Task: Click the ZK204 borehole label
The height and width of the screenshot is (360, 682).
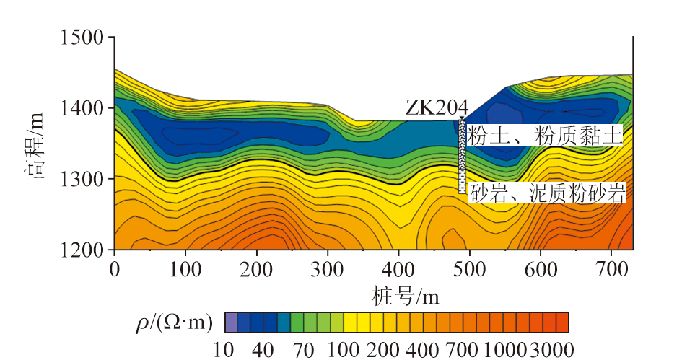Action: click(436, 107)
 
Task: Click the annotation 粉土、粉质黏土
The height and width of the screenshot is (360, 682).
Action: click(545, 136)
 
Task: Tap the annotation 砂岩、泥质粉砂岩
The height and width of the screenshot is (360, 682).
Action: click(546, 193)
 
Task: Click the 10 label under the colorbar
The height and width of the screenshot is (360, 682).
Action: click(224, 351)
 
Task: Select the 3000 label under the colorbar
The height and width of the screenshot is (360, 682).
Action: click(552, 351)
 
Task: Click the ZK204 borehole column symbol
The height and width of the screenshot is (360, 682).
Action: click(462, 156)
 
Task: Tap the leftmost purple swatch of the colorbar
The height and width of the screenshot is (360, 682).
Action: click(231, 322)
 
